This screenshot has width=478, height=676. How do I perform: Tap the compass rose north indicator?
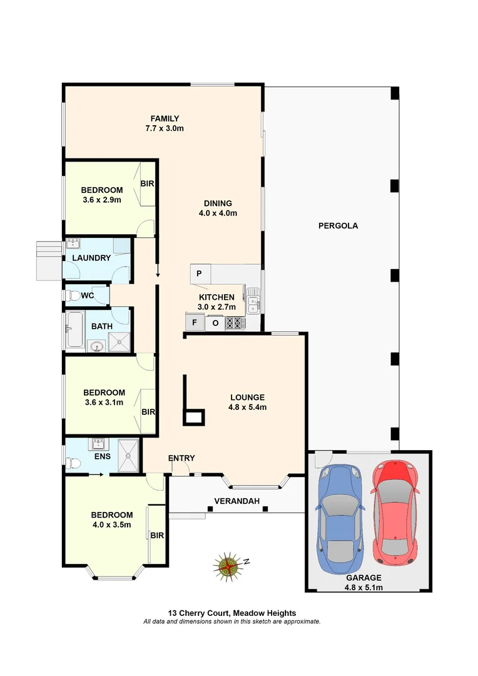tap(230, 566)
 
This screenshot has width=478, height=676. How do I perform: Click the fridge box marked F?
tap(195, 323)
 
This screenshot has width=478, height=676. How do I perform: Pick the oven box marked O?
tap(215, 323)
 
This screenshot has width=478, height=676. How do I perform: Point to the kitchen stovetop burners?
tap(235, 323)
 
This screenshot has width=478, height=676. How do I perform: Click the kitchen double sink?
tap(253, 300)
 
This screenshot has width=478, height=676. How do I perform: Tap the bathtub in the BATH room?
tap(75, 329)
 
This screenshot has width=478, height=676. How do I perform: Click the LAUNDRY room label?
tap(91, 258)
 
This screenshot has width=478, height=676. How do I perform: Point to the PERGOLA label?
tap(337, 226)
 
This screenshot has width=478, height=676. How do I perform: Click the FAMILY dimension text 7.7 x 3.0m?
tap(165, 128)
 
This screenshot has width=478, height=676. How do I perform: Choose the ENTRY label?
tap(181, 458)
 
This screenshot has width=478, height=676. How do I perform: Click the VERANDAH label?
tap(236, 501)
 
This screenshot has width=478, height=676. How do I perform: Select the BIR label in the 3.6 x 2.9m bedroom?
tap(147, 184)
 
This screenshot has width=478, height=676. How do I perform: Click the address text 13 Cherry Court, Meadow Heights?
tap(231, 613)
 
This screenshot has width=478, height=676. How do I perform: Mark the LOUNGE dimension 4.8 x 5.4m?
tap(247, 407)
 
